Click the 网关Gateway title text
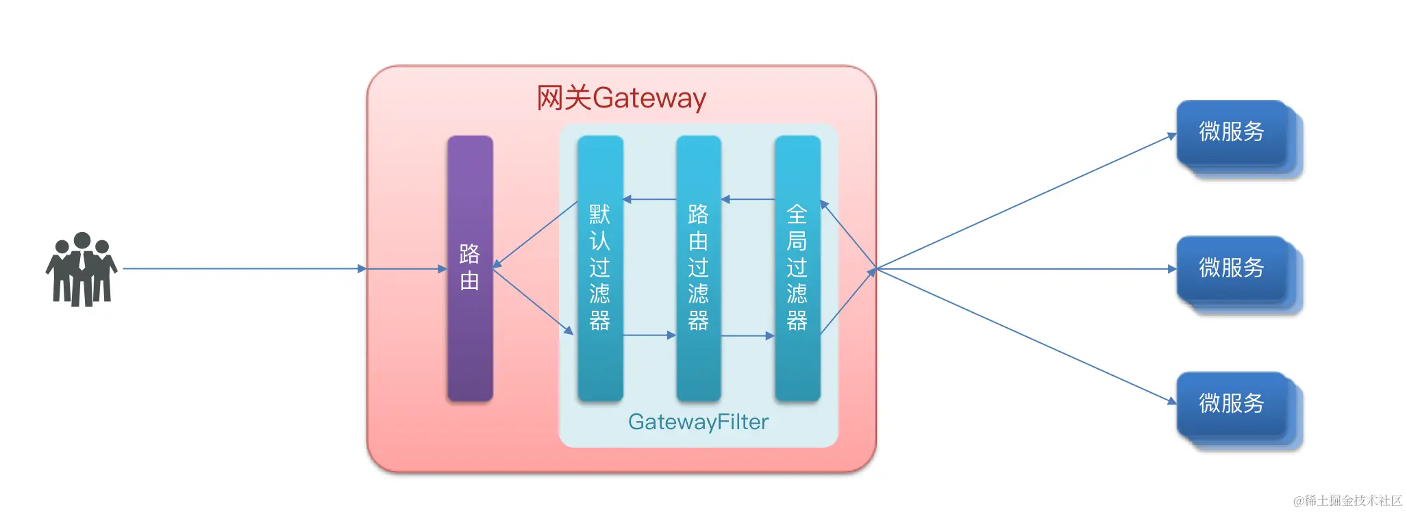click(621, 98)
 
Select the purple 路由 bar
click(470, 268)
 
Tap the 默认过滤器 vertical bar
click(600, 268)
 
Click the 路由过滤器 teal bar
click(698, 268)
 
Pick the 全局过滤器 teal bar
click(797, 268)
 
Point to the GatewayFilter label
click(698, 422)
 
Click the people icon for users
click(82, 269)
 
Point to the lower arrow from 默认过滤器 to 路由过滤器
click(649, 335)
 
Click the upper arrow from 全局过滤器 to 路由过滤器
click(748, 199)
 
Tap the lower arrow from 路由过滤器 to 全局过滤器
click(747, 336)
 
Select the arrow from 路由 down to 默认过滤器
click(533, 302)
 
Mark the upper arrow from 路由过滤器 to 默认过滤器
click(649, 199)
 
